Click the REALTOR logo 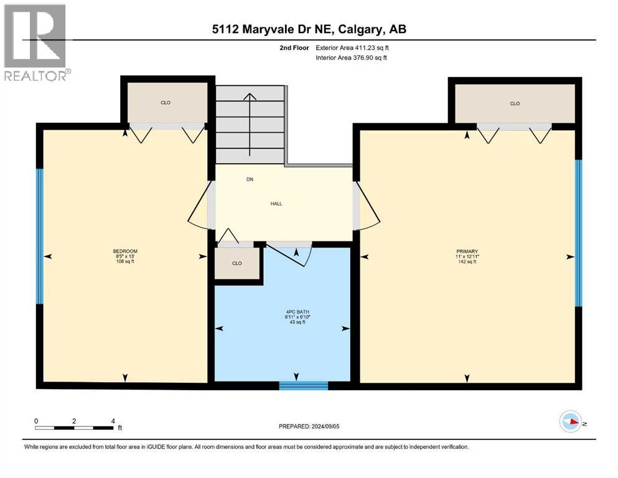pos(36,42)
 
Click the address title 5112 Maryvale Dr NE pos(309,29)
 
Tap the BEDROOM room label pos(125,251)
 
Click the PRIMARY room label pos(467,251)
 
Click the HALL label pos(276,204)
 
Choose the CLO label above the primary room pos(515,103)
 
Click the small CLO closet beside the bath pos(236,263)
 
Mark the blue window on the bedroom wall pos(40,237)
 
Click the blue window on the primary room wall pos(578,233)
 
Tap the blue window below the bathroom pos(303,386)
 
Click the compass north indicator pos(571,422)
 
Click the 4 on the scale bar pos(113,421)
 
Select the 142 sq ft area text pos(467,261)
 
